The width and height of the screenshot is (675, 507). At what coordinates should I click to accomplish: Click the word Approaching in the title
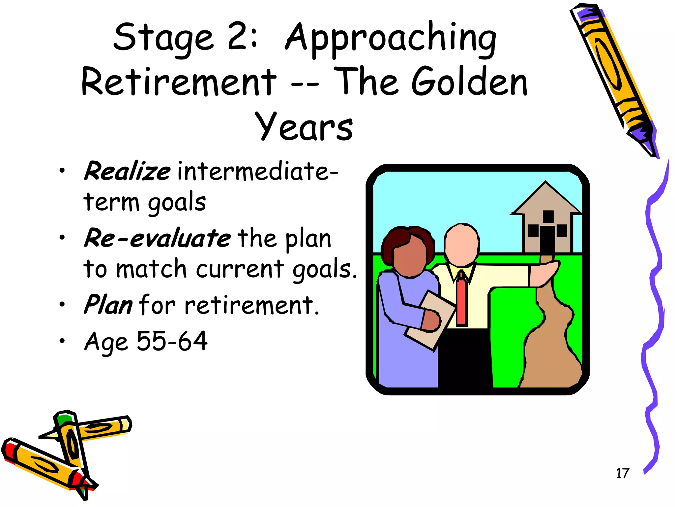(x=391, y=39)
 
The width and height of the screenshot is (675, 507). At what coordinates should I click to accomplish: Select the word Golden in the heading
(x=469, y=82)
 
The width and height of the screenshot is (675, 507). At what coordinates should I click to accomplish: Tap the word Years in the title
(x=304, y=126)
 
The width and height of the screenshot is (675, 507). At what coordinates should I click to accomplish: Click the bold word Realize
(x=127, y=171)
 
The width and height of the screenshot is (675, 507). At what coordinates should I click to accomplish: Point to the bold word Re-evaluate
(x=158, y=238)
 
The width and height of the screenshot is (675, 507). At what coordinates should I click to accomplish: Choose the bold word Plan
(x=108, y=305)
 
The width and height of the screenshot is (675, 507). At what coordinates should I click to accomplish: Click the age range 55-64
(x=172, y=341)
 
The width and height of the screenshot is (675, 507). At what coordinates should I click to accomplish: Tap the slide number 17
(x=622, y=473)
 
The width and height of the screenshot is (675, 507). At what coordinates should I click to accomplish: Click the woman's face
(x=410, y=257)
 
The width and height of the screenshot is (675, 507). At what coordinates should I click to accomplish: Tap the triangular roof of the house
(x=546, y=200)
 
